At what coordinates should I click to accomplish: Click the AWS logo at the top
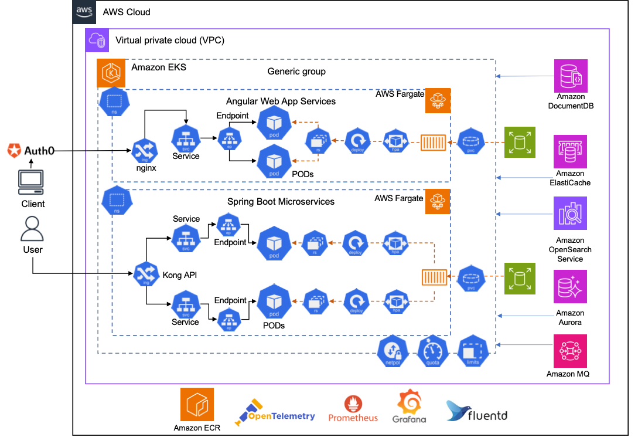(x=84, y=12)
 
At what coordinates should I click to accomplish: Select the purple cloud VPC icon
(x=97, y=40)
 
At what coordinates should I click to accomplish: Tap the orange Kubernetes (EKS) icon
(x=111, y=73)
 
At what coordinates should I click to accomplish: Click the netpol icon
(x=393, y=351)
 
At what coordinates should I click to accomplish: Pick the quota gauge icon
(x=432, y=351)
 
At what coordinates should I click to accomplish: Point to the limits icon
(x=473, y=351)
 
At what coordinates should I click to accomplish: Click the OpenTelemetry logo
(x=274, y=412)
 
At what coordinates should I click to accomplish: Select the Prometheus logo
(x=353, y=408)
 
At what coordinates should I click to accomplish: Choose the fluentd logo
(x=476, y=411)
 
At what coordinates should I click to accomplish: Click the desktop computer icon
(x=31, y=182)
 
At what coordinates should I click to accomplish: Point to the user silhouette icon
(x=32, y=229)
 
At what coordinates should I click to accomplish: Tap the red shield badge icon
(x=15, y=151)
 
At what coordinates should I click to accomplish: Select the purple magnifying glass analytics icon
(x=570, y=213)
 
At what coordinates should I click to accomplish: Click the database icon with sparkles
(x=570, y=286)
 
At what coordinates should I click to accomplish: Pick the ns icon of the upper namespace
(x=114, y=101)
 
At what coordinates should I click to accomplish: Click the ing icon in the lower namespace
(x=146, y=274)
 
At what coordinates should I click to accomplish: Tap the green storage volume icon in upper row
(x=520, y=142)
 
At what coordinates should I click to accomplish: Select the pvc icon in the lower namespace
(x=471, y=277)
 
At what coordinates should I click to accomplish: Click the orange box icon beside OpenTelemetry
(x=197, y=404)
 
